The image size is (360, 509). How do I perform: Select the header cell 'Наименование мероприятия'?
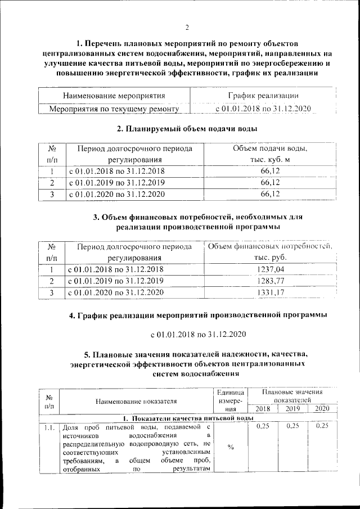[114, 96]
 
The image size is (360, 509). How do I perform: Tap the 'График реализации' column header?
[263, 96]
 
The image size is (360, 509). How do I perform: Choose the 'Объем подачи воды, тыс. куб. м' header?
[270, 155]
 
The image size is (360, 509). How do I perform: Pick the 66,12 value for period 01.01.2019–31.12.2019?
[270, 183]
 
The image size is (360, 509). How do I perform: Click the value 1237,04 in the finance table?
[270, 269]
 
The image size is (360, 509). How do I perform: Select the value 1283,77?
[270, 281]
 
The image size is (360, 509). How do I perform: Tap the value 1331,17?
[270, 292]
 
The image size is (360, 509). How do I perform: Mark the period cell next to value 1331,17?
[115, 292]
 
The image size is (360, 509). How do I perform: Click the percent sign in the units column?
[231, 447]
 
